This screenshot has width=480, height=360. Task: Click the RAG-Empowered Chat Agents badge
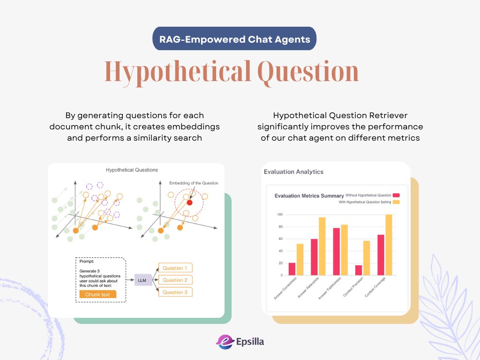[x=234, y=38]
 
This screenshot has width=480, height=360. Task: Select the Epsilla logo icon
[x=225, y=342]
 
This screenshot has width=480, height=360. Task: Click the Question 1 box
[x=175, y=268]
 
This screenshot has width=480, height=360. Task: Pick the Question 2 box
[x=175, y=280]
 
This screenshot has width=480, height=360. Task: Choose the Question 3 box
[x=175, y=292]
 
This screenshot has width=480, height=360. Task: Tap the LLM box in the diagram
[x=142, y=280]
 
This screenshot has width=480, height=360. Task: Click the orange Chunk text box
[x=97, y=294]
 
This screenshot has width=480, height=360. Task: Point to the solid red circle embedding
[x=189, y=202]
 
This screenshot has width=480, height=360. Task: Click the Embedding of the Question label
[x=194, y=183]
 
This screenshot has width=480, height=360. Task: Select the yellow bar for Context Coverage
[x=389, y=245]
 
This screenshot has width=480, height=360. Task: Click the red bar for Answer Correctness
[x=292, y=269]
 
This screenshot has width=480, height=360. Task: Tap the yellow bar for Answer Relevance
[x=322, y=246]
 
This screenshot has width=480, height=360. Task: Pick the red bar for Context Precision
[x=359, y=270]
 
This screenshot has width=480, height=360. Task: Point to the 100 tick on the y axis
[x=279, y=215]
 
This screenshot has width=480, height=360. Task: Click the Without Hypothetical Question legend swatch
[x=397, y=195]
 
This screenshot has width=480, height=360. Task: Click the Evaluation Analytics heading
[x=293, y=172]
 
